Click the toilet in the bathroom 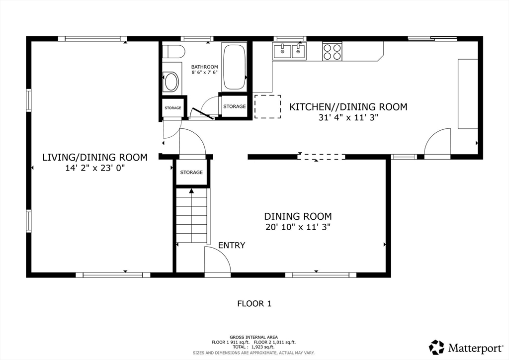[174, 51]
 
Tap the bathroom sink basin [171, 82]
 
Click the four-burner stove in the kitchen [333, 51]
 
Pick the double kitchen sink [289, 51]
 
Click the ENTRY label [232, 245]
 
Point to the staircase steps [192, 219]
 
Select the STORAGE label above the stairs [191, 173]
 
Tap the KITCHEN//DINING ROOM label [348, 107]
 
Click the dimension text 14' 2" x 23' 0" [95, 168]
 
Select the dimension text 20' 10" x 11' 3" [298, 227]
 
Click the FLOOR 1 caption [254, 303]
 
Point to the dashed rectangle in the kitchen [267, 106]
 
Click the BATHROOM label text [205, 67]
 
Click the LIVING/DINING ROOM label [95, 158]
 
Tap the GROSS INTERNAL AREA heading [254, 337]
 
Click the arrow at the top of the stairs [192, 191]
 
